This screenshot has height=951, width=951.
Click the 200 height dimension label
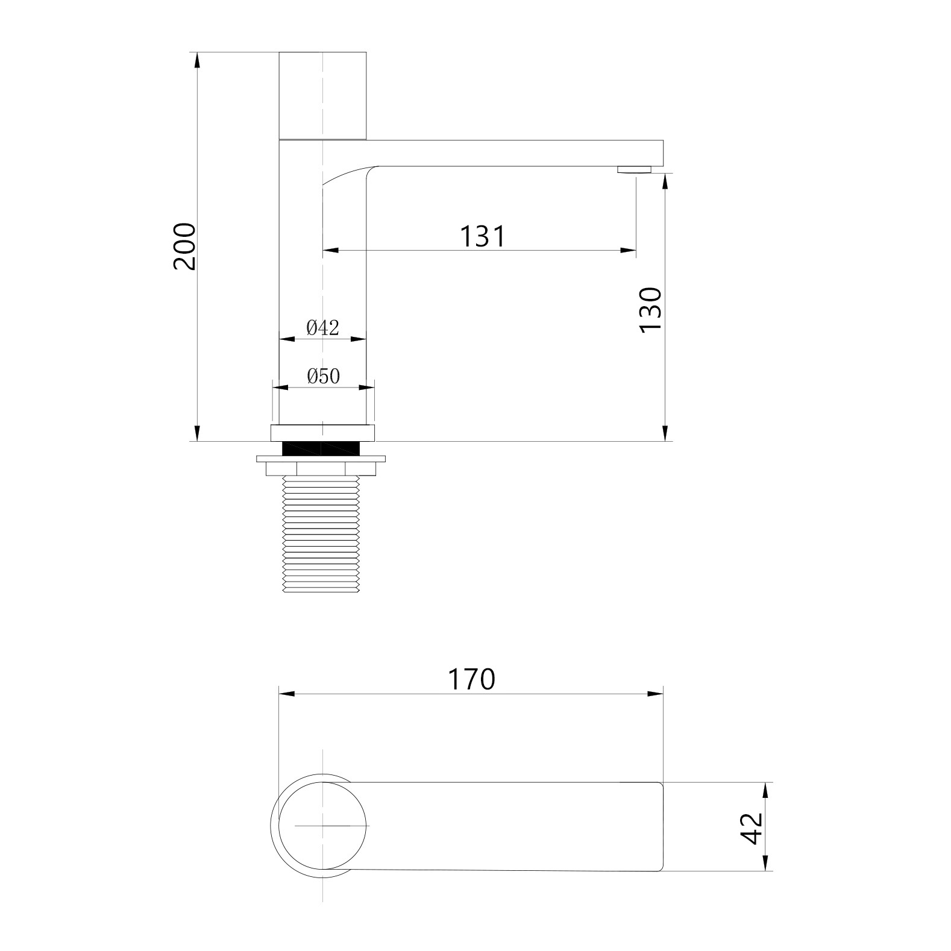(x=184, y=246)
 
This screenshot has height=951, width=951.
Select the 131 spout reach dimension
(x=483, y=236)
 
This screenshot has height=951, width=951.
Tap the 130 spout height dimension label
(x=651, y=309)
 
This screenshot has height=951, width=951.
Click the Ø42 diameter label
(x=323, y=328)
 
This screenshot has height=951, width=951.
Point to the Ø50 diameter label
(x=324, y=377)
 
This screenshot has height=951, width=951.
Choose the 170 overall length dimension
(x=471, y=679)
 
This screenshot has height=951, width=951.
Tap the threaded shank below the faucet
(x=321, y=533)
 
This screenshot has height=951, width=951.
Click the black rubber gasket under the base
(x=322, y=448)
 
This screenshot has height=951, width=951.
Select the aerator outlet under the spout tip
(x=634, y=170)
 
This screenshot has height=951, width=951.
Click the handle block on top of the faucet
(x=323, y=95)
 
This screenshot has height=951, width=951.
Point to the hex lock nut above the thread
(x=321, y=468)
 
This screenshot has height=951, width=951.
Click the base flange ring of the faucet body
(x=322, y=432)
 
